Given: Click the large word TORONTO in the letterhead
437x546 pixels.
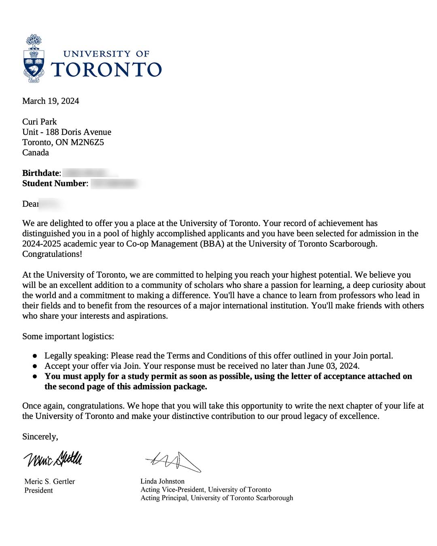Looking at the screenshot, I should point(106,70).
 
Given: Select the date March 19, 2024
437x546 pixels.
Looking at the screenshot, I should point(51,101).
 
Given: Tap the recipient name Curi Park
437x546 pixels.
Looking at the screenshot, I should point(40,122).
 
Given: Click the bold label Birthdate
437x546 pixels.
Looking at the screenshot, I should point(41,173).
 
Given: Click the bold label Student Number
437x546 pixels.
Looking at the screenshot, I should point(54,184).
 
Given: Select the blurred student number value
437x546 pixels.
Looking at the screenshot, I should point(114,184).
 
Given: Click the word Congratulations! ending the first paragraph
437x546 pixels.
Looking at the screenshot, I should point(52,254).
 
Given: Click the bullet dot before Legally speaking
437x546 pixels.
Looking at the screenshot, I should point(35,356).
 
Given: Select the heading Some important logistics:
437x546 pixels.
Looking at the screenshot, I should point(68,336).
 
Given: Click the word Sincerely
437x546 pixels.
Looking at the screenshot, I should point(40,437).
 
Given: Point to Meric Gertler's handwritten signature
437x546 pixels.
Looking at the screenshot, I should point(53,459).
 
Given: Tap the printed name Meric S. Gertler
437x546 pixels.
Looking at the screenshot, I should point(50,482).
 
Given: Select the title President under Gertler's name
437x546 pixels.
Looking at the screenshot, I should point(39,491).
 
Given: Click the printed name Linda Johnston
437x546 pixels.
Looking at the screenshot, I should point(162,481).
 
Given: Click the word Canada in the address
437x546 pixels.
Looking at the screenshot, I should point(36,153).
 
